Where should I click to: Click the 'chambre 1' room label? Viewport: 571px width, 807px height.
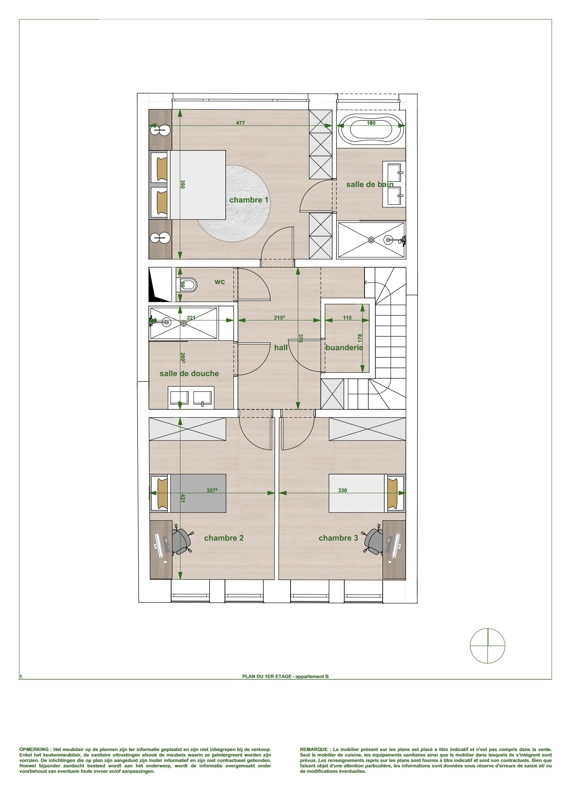(248, 200)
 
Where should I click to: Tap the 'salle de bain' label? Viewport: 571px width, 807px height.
(370, 184)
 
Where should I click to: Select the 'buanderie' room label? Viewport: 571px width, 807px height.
(344, 347)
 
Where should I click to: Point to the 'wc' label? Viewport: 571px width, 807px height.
(219, 282)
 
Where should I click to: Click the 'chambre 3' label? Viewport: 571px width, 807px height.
(338, 538)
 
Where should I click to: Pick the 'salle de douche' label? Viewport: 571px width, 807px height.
(189, 373)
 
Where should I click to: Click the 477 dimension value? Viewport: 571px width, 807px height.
(240, 123)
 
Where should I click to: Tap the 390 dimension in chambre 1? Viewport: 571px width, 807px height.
(182, 184)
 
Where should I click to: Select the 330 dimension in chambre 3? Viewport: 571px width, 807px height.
(343, 490)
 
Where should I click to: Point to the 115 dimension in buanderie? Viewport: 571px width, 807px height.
(347, 318)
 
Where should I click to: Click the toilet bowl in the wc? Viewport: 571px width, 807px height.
(188, 285)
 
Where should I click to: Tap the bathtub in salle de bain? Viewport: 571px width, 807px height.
(371, 129)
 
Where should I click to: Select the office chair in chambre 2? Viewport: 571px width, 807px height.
(182, 541)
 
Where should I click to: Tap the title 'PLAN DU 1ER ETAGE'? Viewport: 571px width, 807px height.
(267, 676)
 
